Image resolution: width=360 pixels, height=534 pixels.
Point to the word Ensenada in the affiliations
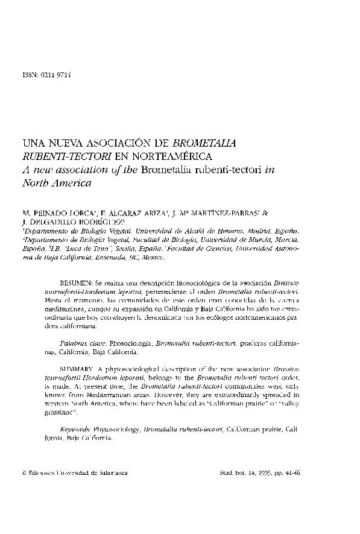[x=113, y=256]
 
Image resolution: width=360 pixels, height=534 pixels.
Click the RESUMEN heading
[x=75, y=282]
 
